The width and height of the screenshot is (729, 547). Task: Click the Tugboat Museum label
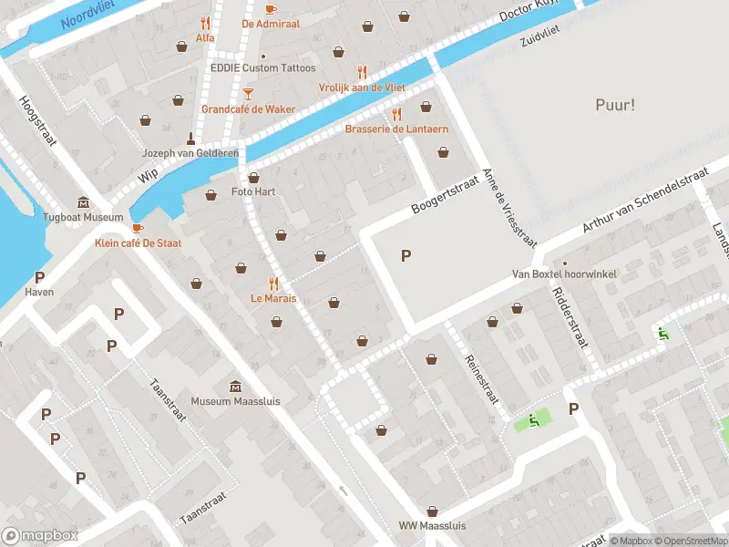point(83,217)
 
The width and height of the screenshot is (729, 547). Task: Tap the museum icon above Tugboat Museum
point(84,201)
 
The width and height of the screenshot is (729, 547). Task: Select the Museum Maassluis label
point(235,401)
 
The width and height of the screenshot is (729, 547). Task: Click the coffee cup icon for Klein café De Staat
point(137,228)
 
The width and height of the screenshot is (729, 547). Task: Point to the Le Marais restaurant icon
point(273,284)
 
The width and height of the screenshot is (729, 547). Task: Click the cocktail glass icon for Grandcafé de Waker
point(248,94)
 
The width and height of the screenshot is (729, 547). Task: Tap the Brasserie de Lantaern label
point(396,129)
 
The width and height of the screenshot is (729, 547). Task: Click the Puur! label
point(614,105)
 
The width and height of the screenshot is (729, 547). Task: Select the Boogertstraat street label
point(444,194)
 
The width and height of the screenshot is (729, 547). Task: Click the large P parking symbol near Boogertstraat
point(406,256)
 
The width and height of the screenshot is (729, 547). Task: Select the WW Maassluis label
point(433,526)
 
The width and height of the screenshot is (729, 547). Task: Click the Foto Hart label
point(253,191)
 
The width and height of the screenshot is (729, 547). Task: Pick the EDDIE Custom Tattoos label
point(263,68)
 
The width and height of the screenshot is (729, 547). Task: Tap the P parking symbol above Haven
point(39,277)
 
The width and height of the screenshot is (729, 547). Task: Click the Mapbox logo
point(40,535)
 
